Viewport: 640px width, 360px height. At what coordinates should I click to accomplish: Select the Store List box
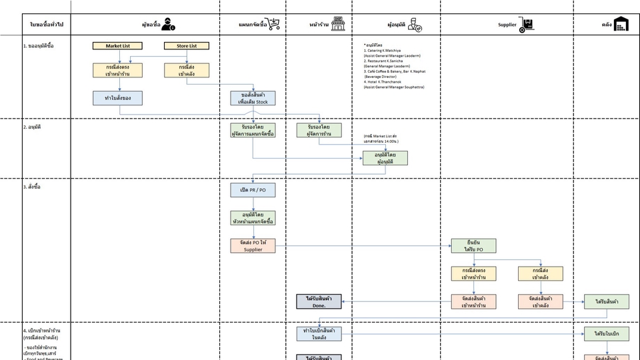tap(187, 46)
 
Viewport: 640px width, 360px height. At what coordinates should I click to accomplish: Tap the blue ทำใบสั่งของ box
tap(117, 98)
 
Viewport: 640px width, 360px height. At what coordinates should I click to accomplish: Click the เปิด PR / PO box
tap(253, 191)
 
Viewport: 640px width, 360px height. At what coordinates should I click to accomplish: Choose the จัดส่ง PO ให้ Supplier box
tap(253, 245)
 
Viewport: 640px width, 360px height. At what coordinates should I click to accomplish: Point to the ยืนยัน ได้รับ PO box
tap(473, 245)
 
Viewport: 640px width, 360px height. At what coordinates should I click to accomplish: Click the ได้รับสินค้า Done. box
tap(319, 301)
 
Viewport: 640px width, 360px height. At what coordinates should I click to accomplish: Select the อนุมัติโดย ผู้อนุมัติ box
tap(385, 158)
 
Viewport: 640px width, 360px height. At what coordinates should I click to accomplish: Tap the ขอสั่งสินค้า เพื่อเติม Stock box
tap(253, 98)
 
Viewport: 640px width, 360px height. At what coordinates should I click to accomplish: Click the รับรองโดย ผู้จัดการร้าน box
tap(319, 130)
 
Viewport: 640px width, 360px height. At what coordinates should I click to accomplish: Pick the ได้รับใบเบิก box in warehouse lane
tap(607, 333)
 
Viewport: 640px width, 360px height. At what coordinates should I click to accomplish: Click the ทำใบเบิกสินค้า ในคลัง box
tap(319, 333)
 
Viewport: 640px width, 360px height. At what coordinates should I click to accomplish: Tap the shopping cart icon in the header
tap(273, 25)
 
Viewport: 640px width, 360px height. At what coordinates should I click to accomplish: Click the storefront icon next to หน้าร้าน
tap(338, 24)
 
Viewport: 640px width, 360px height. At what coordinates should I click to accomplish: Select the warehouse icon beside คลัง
tap(622, 25)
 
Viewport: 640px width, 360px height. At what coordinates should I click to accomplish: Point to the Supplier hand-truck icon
tap(528, 25)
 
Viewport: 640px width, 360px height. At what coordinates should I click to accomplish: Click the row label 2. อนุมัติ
tap(34, 126)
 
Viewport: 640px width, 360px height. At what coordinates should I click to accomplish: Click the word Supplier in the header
tap(507, 25)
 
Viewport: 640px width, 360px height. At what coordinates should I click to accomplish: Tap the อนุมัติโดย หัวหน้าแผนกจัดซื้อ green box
tap(253, 218)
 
